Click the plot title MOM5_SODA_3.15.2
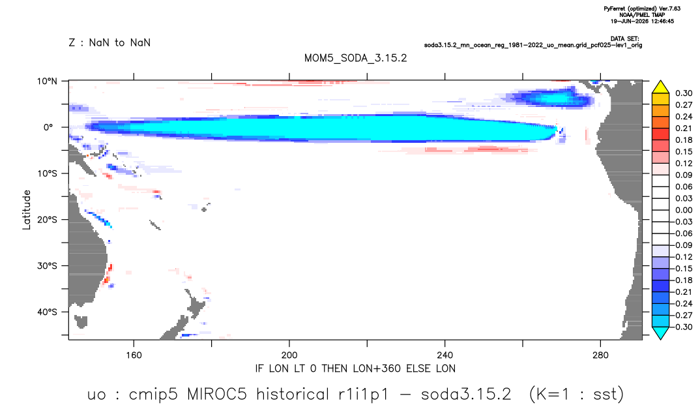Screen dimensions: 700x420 [355, 58]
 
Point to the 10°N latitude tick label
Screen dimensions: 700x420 [47, 82]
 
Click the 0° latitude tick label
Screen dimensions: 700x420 [48, 127]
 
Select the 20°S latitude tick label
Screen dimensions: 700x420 [47, 220]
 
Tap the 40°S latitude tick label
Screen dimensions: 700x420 [47, 312]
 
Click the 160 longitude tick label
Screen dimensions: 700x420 [134, 355]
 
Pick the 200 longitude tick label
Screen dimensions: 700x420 [289, 355]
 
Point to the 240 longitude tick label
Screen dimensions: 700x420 [445, 355]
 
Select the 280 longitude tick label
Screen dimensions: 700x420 [600, 355]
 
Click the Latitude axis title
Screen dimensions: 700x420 [27, 210]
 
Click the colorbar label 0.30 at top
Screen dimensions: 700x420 [684, 93]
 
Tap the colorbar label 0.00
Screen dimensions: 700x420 [684, 210]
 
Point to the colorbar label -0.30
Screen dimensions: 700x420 [682, 327]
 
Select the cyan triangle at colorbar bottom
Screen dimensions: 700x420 [660, 333]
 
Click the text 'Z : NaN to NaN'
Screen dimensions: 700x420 [109, 43]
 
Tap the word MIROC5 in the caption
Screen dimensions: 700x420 [217, 395]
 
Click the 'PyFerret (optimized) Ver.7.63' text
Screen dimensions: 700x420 [642, 8]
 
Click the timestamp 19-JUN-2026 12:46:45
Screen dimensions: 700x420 [642, 21]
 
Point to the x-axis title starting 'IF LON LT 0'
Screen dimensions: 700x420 [355, 368]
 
